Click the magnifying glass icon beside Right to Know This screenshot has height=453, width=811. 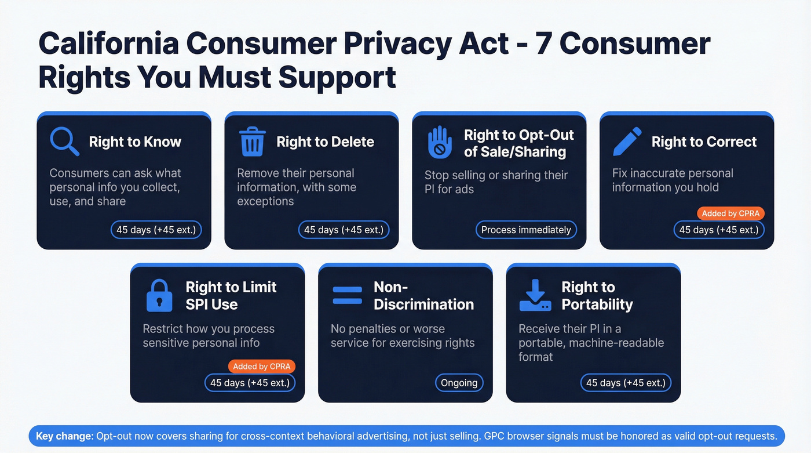64,142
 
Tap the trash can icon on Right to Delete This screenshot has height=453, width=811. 252,142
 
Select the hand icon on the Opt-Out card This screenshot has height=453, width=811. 440,143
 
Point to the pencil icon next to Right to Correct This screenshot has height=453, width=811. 627,142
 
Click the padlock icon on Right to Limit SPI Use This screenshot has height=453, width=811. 159,295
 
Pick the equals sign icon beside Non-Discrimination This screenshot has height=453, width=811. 347,295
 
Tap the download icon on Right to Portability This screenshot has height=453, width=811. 535,295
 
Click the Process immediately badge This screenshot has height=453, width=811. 526,230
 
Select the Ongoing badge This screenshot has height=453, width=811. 459,383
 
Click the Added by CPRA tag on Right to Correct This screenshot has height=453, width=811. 730,213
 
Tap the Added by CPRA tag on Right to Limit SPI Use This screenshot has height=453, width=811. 261,367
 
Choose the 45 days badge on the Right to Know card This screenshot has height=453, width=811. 156,230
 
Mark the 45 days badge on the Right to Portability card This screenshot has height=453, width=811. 626,383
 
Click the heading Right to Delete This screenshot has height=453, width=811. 325,142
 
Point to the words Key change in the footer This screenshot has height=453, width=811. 64,436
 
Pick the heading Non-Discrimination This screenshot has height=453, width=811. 423,296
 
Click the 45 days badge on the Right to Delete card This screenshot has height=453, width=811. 344,230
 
